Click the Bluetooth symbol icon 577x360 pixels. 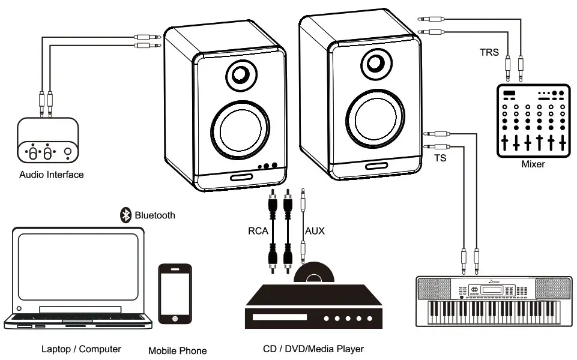pos(126,215)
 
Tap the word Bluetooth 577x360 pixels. pos(155,215)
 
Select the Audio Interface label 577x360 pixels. pos(52,175)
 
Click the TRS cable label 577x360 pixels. pos(489,52)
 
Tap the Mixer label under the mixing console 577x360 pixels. pos(532,164)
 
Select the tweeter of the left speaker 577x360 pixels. pos(241,75)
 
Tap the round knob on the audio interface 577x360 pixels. pos(68,152)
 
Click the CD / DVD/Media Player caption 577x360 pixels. pos(313,349)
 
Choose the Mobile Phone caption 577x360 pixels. pos(177,350)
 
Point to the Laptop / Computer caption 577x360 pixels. pos(81,349)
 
